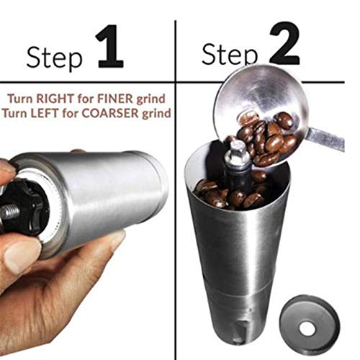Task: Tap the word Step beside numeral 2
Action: [x=230, y=54]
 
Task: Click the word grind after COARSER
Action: [x=158, y=114]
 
